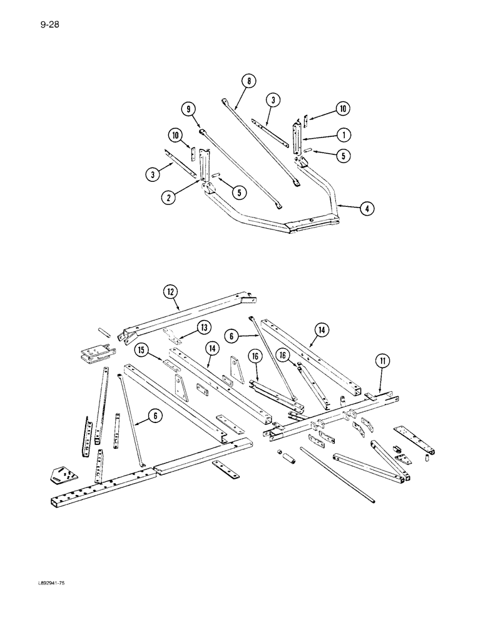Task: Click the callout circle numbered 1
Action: tap(343, 134)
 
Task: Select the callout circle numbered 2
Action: tap(168, 198)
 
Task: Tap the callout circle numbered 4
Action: tap(367, 211)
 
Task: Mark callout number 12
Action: tap(170, 290)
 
